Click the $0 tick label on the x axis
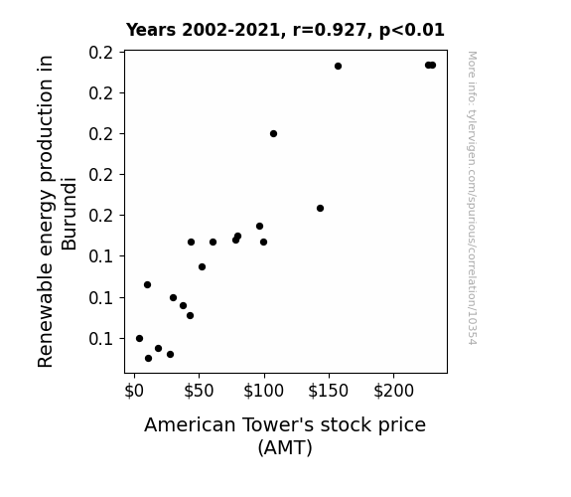(x=134, y=391)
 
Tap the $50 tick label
(x=199, y=391)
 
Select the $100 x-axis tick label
(x=263, y=391)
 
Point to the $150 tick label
(x=329, y=391)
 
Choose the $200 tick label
(x=393, y=391)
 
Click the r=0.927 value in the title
(x=330, y=30)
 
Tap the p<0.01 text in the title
(x=412, y=31)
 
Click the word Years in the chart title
(x=151, y=30)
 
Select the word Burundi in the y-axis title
(x=69, y=214)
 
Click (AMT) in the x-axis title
(x=285, y=447)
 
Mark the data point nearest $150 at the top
(x=338, y=66)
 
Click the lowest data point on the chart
(x=148, y=359)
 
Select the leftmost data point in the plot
(x=139, y=338)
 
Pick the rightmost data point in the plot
(x=432, y=66)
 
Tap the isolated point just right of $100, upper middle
(x=273, y=134)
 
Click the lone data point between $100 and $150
(x=320, y=208)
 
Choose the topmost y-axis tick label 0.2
(x=100, y=53)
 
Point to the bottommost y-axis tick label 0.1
(x=100, y=339)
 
